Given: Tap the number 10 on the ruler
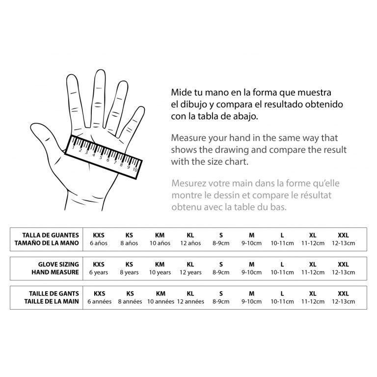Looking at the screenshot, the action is (135, 170).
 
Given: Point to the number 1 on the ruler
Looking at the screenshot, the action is (73, 147).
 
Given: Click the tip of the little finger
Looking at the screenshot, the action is (141, 108).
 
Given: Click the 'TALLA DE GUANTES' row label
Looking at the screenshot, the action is (51, 235).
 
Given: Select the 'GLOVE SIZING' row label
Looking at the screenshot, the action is (58, 265).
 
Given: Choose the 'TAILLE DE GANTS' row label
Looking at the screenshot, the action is (54, 294).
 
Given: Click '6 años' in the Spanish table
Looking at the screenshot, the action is (99, 243).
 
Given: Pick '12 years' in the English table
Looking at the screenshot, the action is (190, 272).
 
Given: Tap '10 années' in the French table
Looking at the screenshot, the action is (161, 302).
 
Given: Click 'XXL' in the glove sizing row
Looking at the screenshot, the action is (343, 265).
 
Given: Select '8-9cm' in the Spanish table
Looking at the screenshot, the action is (221, 243).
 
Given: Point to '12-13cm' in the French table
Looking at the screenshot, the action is (343, 302).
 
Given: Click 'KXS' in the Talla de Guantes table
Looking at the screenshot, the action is (99, 235).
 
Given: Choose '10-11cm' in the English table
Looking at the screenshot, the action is (282, 272).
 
